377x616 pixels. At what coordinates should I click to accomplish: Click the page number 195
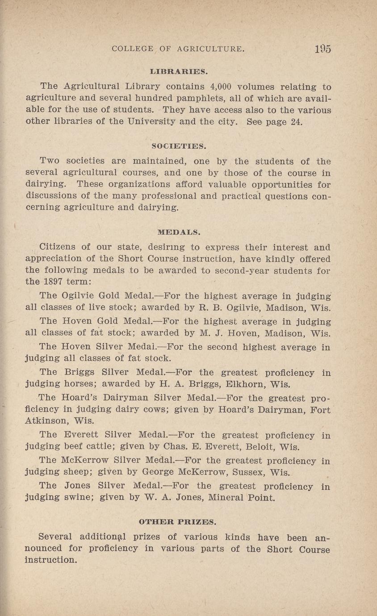click(x=322, y=49)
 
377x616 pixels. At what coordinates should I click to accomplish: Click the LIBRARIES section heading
click(x=179, y=71)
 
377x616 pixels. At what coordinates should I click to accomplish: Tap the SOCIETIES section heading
click(x=179, y=146)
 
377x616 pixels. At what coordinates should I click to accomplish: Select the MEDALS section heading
click(x=179, y=232)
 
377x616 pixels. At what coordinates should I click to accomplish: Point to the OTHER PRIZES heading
click(x=178, y=521)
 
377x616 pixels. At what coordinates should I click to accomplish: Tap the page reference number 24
click(x=296, y=122)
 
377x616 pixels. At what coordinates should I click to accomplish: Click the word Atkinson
click(x=46, y=420)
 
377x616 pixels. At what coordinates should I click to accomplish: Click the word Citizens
click(x=59, y=247)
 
